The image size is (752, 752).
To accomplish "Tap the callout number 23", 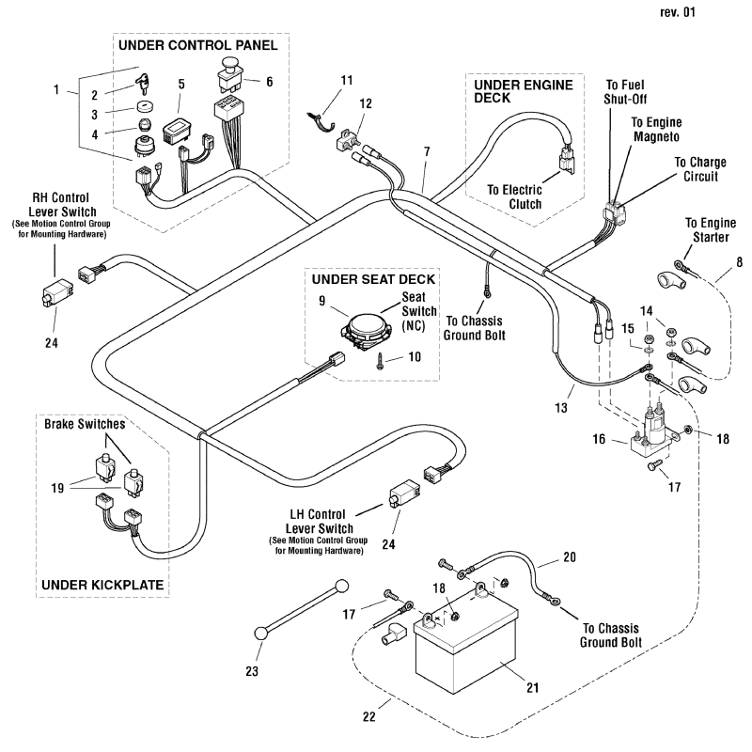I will pos(252,671).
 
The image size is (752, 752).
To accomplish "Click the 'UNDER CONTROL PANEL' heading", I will pos(198,45).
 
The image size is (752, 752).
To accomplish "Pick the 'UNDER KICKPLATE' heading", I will pos(102,585).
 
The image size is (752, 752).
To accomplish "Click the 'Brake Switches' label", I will pos(85,425).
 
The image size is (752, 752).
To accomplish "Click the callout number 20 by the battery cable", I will pos(569,556).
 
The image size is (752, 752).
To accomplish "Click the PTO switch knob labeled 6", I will pos(229,69).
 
